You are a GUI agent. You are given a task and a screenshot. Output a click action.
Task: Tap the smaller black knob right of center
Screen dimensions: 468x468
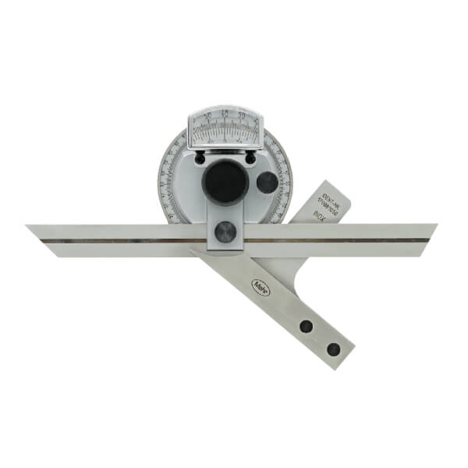tap(267, 183)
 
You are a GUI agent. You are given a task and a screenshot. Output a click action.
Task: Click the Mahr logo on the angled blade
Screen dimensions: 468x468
tap(257, 285)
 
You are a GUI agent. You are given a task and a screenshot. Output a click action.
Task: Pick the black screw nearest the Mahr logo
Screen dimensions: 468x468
tap(307, 326)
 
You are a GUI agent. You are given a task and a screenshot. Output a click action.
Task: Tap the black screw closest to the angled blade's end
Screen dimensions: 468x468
tap(333, 348)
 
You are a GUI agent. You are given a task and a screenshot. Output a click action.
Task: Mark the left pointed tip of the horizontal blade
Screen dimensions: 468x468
tap(28, 227)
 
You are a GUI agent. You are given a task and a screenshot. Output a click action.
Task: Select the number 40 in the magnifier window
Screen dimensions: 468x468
tap(225, 117)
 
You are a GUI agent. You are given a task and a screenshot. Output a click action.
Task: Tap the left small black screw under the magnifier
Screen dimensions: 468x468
tap(200, 158)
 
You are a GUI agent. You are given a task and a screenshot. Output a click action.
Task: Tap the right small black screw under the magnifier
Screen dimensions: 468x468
tap(251, 158)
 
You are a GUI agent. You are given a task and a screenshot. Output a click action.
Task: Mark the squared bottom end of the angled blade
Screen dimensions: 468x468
tap(343, 355)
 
